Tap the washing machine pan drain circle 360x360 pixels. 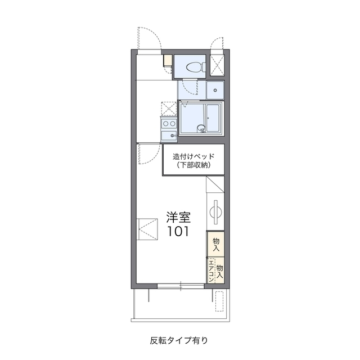215,90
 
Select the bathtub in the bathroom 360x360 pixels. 213,118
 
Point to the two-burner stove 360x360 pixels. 169,124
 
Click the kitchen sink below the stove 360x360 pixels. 169,136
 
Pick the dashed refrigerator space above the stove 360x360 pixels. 169,109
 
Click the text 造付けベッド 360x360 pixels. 193,156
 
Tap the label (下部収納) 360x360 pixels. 193,165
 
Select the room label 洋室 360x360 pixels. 179,217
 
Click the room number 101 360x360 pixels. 178,231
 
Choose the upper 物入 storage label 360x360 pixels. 216,245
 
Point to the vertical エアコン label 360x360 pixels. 211,271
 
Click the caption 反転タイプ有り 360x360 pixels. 179,340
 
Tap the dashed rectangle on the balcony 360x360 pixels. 219,301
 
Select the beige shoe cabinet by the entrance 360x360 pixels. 168,61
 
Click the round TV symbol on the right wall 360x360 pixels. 215,212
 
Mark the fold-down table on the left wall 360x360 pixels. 147,229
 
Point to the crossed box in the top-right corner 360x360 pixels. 217,65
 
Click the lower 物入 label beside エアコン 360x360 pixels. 220,271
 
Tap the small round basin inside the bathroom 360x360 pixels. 201,128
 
